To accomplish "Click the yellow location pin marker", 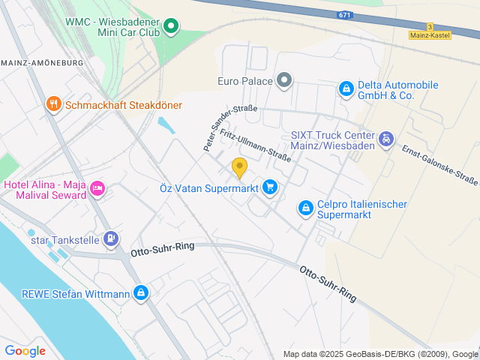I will tap(239, 168).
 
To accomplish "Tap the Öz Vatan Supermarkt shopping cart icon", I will tap(270, 187).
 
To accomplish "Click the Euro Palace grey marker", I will tap(284, 79).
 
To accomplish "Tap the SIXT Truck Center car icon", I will tap(385, 139).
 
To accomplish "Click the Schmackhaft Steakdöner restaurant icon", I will tap(53, 104).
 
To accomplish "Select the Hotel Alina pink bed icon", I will tap(97, 189).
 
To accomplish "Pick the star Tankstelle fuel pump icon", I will tap(111, 239).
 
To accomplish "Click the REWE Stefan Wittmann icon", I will tap(140, 292).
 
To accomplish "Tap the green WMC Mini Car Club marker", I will tap(171, 28).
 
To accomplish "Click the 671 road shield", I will tap(344, 15).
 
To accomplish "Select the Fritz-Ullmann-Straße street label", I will tap(255, 145).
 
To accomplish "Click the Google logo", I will tap(25, 350).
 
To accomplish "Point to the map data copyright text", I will tap(380, 354).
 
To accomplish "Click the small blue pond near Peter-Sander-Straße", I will tap(166, 125).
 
